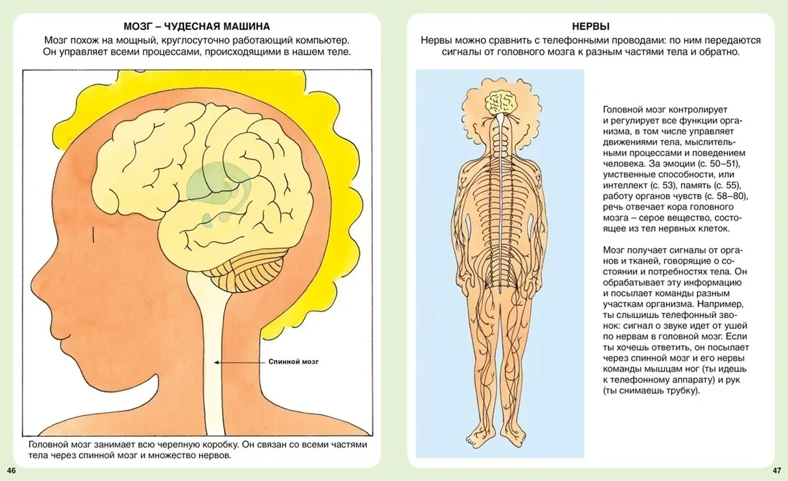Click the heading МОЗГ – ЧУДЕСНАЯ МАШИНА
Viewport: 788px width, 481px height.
point(197,26)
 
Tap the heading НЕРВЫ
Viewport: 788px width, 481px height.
point(591,26)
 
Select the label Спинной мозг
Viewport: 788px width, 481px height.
point(293,361)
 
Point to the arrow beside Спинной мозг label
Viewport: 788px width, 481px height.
point(239,363)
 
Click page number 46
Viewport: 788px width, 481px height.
point(11,470)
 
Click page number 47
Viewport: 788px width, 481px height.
point(777,470)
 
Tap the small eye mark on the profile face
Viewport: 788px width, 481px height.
point(93,234)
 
